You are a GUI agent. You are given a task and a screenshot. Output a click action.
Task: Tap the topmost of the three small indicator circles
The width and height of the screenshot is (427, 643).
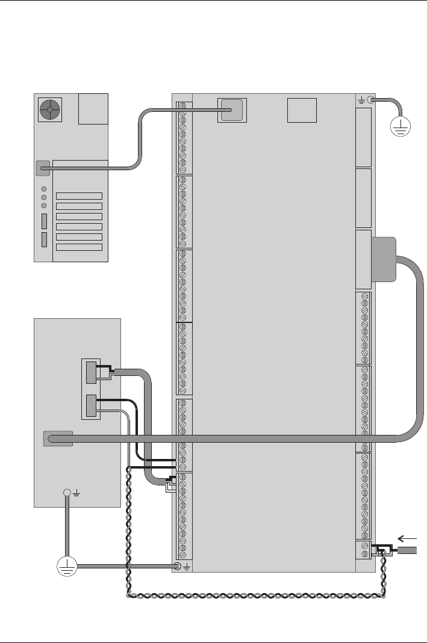point(44,187)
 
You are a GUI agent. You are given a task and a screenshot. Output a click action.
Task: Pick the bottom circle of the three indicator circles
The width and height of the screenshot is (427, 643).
point(44,206)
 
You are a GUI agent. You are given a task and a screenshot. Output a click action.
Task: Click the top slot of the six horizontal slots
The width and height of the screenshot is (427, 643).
point(79,195)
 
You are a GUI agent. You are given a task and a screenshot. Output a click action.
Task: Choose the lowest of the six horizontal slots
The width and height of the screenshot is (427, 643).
point(79,247)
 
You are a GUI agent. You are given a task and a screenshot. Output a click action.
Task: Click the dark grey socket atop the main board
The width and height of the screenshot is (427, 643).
point(232,110)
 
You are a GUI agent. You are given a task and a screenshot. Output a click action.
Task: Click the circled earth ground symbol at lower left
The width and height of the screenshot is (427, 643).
point(67,566)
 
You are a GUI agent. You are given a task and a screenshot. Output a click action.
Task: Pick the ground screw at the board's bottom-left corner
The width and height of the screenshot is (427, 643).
point(178,566)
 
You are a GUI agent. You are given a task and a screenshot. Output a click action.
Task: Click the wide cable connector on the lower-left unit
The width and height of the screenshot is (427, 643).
point(58,438)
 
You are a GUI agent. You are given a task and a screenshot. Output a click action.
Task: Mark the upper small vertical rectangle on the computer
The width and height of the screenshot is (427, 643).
point(44,221)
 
